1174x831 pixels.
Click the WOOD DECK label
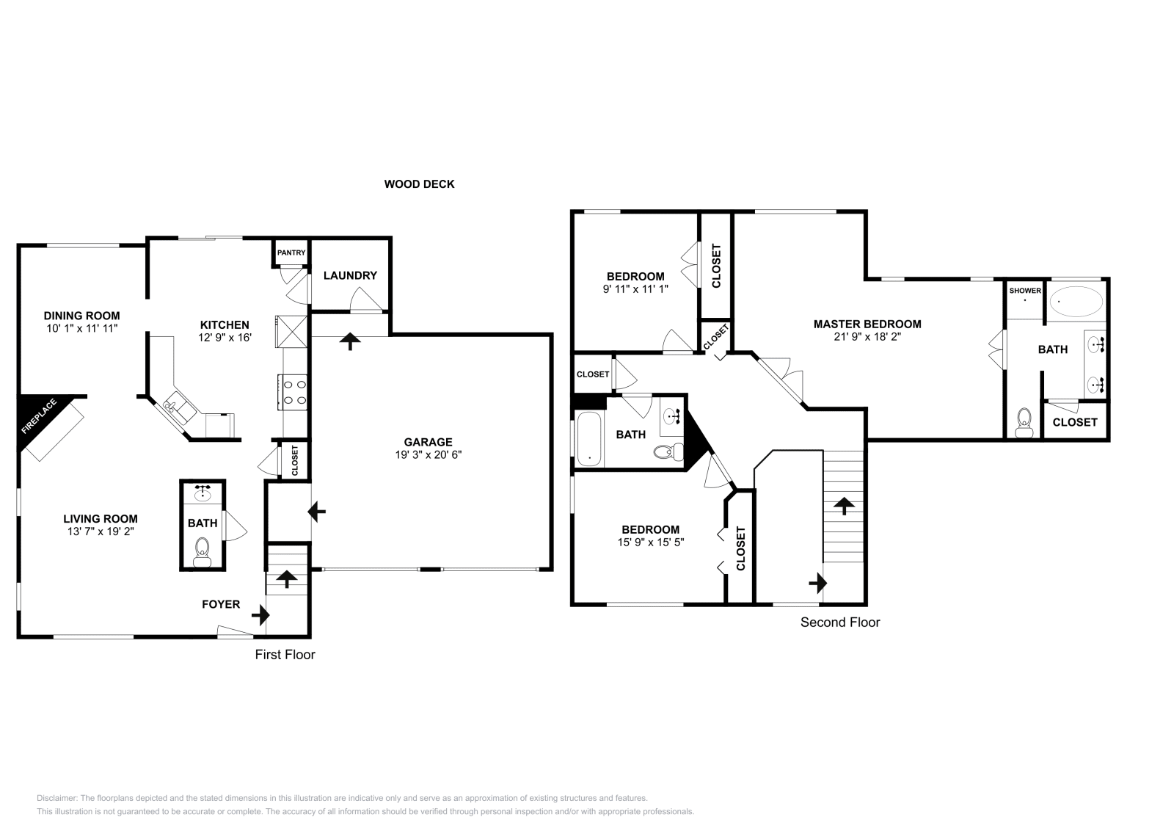pyautogui.click(x=419, y=184)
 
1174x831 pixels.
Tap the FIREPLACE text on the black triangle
pyautogui.click(x=37, y=417)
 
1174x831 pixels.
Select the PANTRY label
pyautogui.click(x=291, y=253)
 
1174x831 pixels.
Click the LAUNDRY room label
pyautogui.click(x=350, y=275)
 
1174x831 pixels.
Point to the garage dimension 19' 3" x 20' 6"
pyautogui.click(x=428, y=454)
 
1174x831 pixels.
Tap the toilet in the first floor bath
pyautogui.click(x=202, y=551)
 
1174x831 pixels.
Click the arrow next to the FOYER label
pyautogui.click(x=260, y=613)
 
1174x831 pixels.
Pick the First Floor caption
pyautogui.click(x=285, y=654)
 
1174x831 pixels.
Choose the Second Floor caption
pyautogui.click(x=839, y=623)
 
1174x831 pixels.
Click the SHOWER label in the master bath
pyautogui.click(x=1024, y=291)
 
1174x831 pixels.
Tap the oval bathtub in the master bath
pyautogui.click(x=1076, y=301)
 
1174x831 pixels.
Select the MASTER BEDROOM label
pyautogui.click(x=867, y=324)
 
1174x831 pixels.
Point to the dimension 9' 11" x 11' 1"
pyautogui.click(x=635, y=289)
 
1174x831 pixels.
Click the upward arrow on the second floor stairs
pyautogui.click(x=844, y=505)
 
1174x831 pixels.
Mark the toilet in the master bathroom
pyautogui.click(x=1024, y=424)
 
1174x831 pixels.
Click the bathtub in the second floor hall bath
pyautogui.click(x=588, y=439)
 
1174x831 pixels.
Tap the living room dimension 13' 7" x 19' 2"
pyautogui.click(x=100, y=531)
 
